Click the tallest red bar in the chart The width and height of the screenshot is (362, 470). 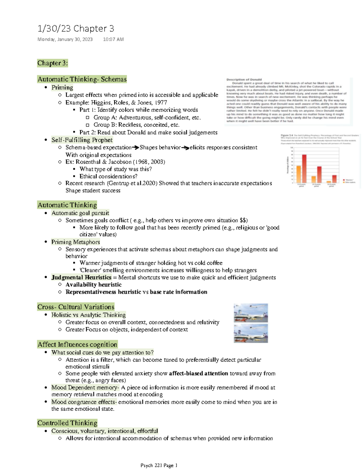point(304,169)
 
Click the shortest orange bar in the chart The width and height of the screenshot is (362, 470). point(329,182)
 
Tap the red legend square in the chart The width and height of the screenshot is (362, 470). point(344,180)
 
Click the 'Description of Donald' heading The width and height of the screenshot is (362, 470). point(244,80)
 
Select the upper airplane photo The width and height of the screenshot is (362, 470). point(251,313)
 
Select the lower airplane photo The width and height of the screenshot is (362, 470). point(251,333)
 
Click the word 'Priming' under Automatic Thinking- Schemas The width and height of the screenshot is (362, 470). point(62,88)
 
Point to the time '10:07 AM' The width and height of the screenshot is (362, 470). point(113,39)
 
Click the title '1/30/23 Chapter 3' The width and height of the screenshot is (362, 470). point(76,28)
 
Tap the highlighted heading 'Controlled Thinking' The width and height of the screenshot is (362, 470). point(67,423)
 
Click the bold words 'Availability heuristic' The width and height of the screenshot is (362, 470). point(94,285)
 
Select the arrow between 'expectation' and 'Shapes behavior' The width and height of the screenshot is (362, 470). point(135,147)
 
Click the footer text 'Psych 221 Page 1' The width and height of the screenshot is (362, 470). point(159,465)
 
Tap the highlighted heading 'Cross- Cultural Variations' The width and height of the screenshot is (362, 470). point(76,307)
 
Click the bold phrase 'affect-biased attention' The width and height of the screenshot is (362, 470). point(198,373)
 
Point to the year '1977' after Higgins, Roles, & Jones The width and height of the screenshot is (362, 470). point(161,102)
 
